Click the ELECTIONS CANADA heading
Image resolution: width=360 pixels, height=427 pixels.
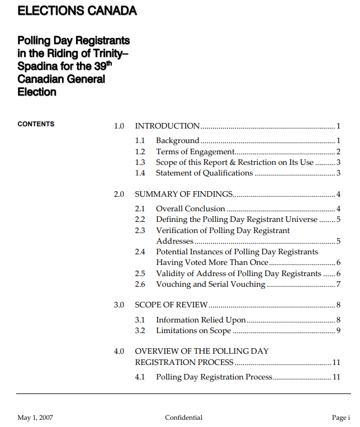(x=77, y=11)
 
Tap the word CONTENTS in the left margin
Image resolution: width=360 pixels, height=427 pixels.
(x=36, y=124)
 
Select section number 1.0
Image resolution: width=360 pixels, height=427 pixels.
(x=119, y=126)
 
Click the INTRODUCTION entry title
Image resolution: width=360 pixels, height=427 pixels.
(x=167, y=126)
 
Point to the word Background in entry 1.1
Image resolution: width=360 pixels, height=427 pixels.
(x=177, y=140)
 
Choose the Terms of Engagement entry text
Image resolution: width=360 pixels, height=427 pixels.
(x=195, y=151)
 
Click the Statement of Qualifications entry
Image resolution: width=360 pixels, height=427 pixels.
(x=204, y=173)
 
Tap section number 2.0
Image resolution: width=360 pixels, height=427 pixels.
(x=119, y=194)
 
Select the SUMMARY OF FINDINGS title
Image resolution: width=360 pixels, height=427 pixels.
(x=183, y=194)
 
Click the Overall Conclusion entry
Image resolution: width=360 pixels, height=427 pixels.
(x=190, y=208)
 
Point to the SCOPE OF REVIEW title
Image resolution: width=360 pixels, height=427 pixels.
(x=171, y=305)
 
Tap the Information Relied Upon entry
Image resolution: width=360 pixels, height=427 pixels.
(x=201, y=320)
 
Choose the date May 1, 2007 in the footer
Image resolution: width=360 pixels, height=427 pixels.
(x=35, y=417)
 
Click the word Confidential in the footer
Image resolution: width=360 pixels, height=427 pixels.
(x=183, y=417)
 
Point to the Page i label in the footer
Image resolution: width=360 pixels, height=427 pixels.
(x=340, y=417)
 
